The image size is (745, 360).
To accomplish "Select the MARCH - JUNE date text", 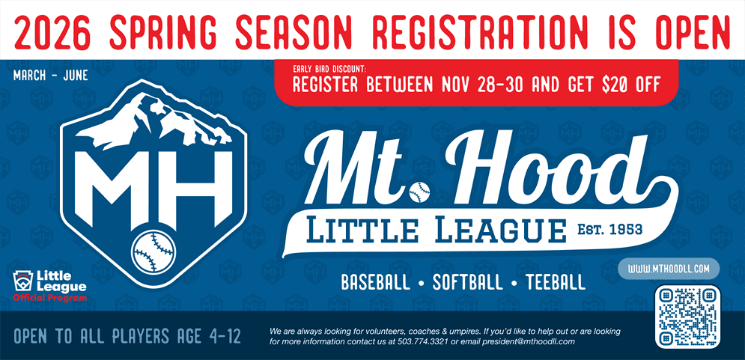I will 50,76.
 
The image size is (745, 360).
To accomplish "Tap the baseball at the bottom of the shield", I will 153,251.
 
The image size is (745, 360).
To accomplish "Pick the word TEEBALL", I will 555,284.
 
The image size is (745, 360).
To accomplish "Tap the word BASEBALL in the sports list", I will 376,284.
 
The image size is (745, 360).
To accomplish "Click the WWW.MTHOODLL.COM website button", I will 669,268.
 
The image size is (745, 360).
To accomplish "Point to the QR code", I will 687,317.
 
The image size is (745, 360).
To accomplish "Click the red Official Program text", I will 49,298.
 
